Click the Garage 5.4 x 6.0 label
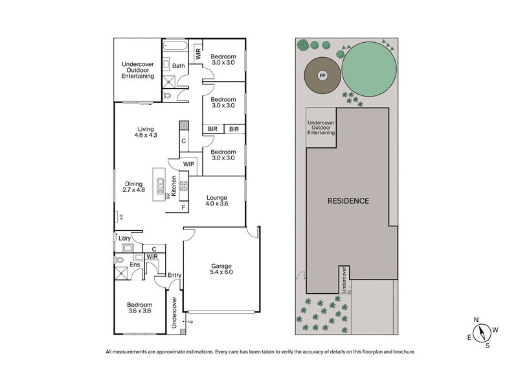(x=221, y=269)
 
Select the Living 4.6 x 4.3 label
(x=146, y=132)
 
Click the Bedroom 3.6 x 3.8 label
(x=139, y=308)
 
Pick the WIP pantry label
(x=188, y=164)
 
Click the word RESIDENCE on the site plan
(x=348, y=201)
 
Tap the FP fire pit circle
(x=322, y=75)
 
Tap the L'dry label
(x=124, y=239)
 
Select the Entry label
(x=174, y=276)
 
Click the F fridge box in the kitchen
(x=185, y=207)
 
